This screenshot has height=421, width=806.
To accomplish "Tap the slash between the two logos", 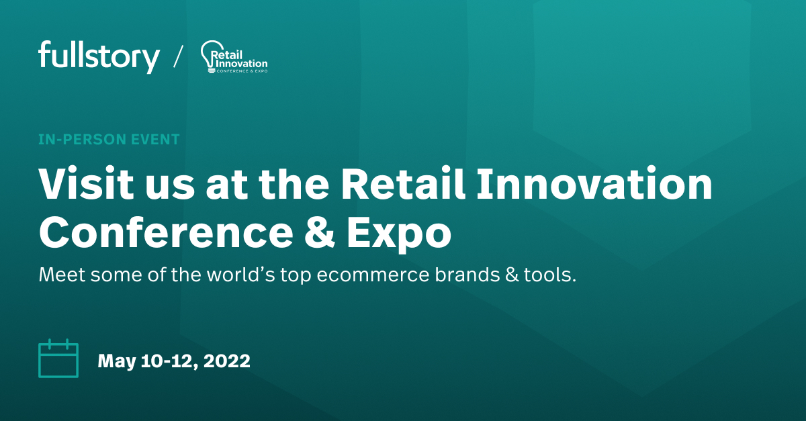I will [177, 56].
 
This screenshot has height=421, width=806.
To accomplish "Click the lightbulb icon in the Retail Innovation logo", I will [208, 57].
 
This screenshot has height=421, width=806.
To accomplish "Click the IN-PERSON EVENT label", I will [109, 140].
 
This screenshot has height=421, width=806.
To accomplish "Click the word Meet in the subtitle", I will [61, 275].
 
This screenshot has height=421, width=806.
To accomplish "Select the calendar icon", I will [58, 359].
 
